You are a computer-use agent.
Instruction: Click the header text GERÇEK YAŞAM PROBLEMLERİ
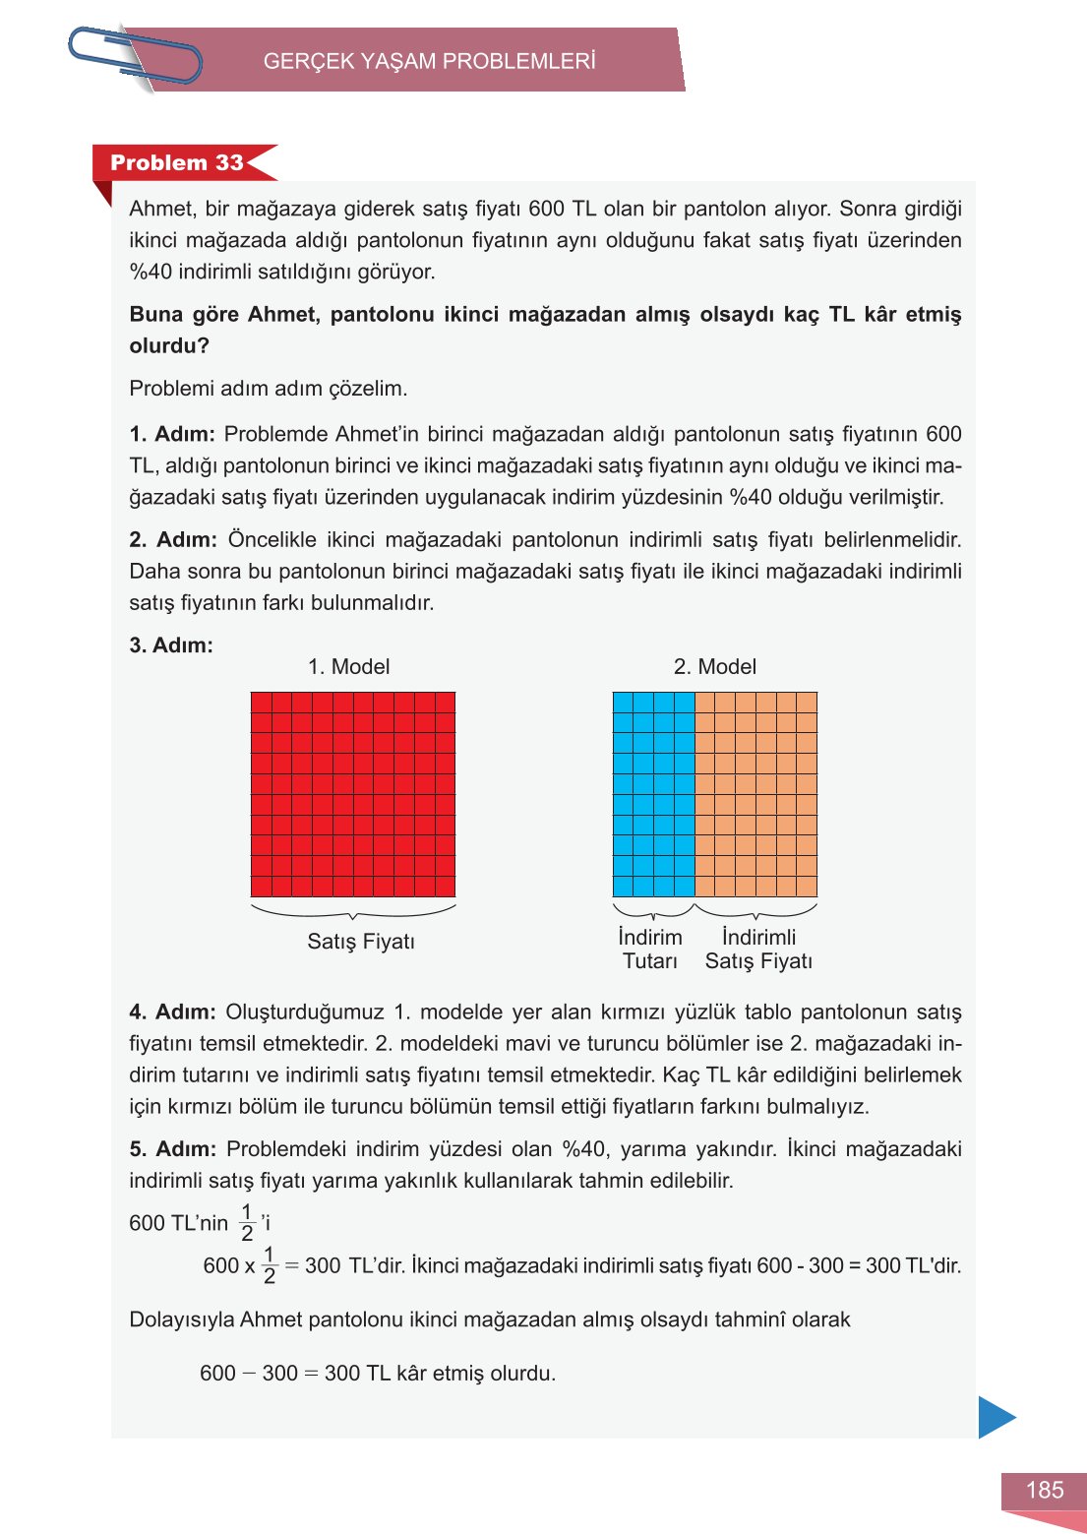coord(429,61)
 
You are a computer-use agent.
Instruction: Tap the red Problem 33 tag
coord(177,162)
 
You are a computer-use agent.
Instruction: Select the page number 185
coord(1044,1490)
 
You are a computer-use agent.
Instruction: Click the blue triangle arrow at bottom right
coord(995,1417)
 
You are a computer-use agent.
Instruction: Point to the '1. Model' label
coord(348,666)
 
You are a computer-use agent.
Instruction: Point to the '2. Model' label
coord(715,666)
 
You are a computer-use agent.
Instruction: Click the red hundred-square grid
coord(353,793)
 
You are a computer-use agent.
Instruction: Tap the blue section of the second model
coord(653,793)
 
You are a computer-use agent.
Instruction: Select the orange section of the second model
coord(755,793)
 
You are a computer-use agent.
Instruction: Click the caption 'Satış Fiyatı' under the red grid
coord(361,942)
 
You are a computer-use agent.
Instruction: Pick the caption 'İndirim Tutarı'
coord(650,949)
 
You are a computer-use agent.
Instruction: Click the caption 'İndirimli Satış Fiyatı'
coord(758,949)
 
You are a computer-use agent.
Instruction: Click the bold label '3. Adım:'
coord(171,645)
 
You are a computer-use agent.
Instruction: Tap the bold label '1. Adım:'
coord(172,434)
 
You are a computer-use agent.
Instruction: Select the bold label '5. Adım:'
coord(172,1148)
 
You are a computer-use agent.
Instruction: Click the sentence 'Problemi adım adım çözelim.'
coord(269,388)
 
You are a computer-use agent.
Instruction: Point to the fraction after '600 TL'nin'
coord(247,1223)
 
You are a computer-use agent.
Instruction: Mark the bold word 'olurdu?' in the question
coord(169,345)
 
